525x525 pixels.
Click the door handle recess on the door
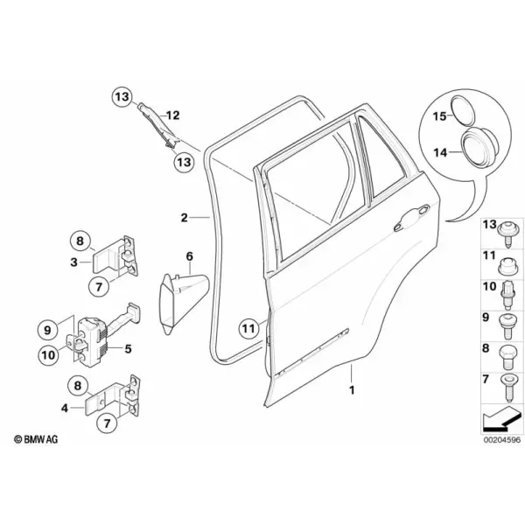[x=411, y=218]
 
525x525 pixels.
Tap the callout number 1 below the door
[x=352, y=390]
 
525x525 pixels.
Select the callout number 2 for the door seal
[x=184, y=218]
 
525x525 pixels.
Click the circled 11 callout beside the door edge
[x=248, y=328]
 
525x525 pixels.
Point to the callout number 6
[x=190, y=256]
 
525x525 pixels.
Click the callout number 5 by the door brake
[x=128, y=349]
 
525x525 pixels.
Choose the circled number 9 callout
[x=47, y=330]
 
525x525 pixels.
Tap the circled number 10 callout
[x=48, y=355]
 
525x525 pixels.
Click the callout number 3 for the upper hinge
[x=74, y=262]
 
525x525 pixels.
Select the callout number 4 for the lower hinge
[x=65, y=408]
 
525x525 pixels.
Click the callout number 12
[x=172, y=115]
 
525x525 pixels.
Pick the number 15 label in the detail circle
[x=439, y=116]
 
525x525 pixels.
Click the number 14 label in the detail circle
[x=440, y=152]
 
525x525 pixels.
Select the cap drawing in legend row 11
[x=507, y=267]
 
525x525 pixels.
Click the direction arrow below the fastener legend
[x=501, y=419]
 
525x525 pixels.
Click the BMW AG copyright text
[x=36, y=439]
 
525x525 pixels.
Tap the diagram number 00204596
[x=501, y=440]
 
